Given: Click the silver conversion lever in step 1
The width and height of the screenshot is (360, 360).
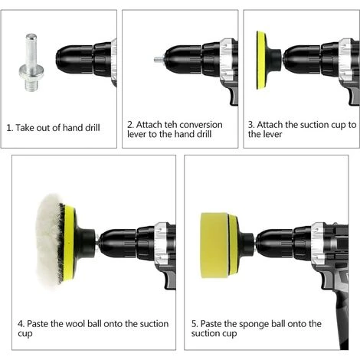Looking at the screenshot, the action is tap(31, 63).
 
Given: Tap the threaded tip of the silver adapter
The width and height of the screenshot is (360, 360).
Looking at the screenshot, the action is tap(31, 83).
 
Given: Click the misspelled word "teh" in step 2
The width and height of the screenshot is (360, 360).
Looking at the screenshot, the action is tap(170, 125).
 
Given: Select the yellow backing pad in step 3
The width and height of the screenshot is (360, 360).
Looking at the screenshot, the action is tap(261, 61).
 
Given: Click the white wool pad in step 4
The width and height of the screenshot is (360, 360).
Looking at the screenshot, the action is tap(49, 241).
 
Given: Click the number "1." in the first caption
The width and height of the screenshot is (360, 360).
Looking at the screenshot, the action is tap(10, 128).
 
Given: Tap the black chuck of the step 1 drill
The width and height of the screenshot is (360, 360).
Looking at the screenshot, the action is tap(74, 61).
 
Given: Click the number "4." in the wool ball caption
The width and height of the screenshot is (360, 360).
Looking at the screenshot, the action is tap(21, 324).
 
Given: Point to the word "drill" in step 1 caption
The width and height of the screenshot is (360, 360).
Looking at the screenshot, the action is tap(92, 128).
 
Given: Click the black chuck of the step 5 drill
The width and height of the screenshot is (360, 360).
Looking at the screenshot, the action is tap(276, 244).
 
